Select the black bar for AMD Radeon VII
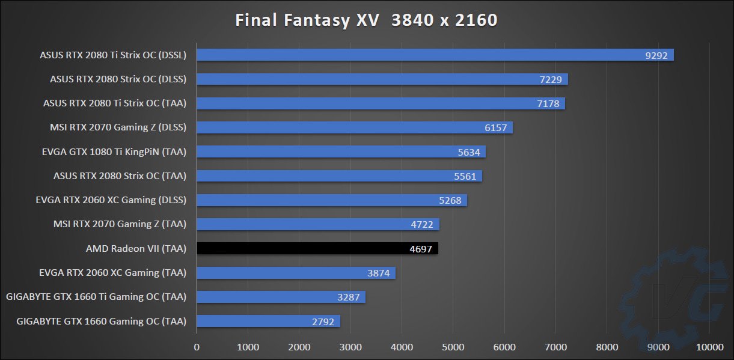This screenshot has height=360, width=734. [317, 248]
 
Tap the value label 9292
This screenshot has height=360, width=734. [656, 55]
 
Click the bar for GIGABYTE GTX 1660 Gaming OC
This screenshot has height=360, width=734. [268, 321]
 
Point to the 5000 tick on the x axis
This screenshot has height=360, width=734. [453, 347]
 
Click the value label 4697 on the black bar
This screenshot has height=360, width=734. [420, 249]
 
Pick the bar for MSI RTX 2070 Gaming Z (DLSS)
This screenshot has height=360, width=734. [355, 127]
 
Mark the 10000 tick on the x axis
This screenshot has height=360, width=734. [709, 347]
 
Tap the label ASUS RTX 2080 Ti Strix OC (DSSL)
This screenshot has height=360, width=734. [113, 55]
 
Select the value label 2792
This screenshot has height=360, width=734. [323, 322]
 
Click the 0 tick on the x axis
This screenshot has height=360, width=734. [197, 347]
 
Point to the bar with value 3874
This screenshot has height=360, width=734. [296, 273]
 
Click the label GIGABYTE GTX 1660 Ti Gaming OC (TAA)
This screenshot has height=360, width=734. [96, 297]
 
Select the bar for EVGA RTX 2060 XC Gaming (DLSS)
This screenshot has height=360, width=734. [332, 200]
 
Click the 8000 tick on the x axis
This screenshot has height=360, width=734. [607, 347]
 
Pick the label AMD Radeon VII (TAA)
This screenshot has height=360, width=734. [136, 248]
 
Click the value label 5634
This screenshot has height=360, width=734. [469, 152]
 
